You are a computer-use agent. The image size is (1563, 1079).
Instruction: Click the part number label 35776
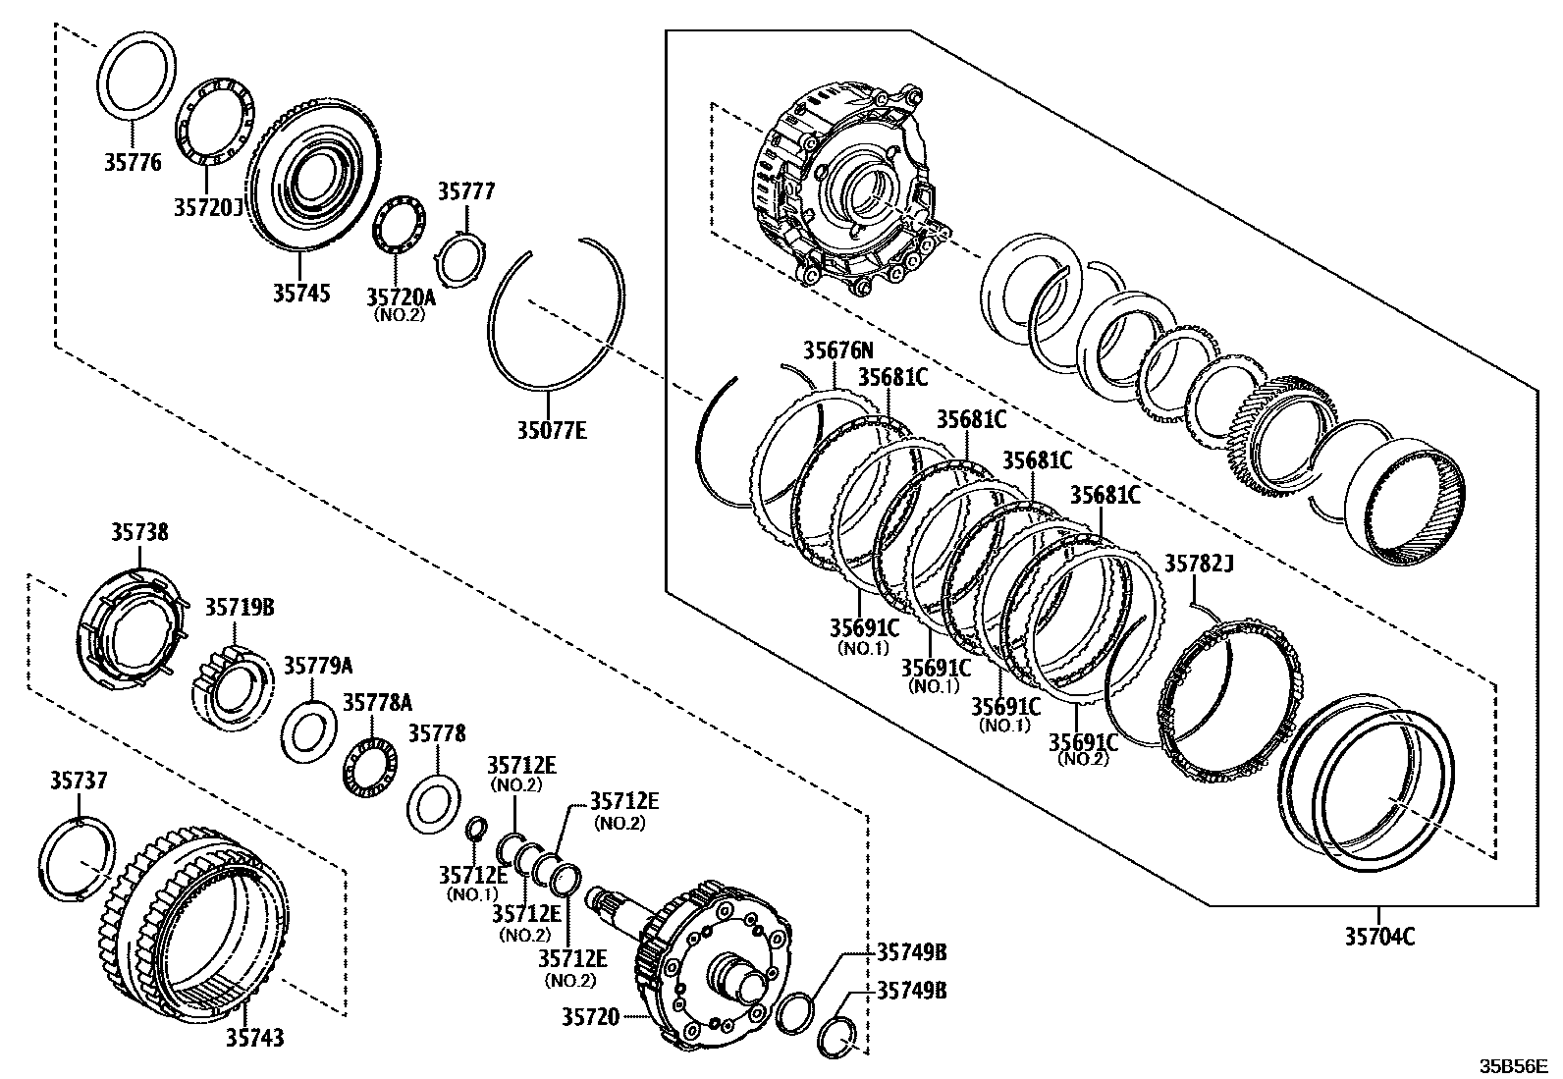[133, 162]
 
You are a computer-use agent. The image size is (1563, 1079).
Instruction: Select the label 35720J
[207, 208]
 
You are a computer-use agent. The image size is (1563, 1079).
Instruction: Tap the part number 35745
[301, 293]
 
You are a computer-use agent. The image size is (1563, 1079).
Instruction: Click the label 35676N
[837, 350]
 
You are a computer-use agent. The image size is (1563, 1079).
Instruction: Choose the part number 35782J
[1199, 564]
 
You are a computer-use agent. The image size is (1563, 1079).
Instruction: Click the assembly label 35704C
[1379, 936]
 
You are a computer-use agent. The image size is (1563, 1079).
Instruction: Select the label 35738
[138, 532]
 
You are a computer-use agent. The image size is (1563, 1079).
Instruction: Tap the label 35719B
[239, 608]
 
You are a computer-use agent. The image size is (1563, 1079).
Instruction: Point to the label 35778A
[377, 702]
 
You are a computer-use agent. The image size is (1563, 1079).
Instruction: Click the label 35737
[79, 781]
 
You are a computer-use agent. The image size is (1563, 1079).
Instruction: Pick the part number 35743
[254, 1037]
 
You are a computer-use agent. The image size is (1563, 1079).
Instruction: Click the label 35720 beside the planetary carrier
[590, 1017]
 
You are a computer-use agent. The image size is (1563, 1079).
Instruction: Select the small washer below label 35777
[458, 259]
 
